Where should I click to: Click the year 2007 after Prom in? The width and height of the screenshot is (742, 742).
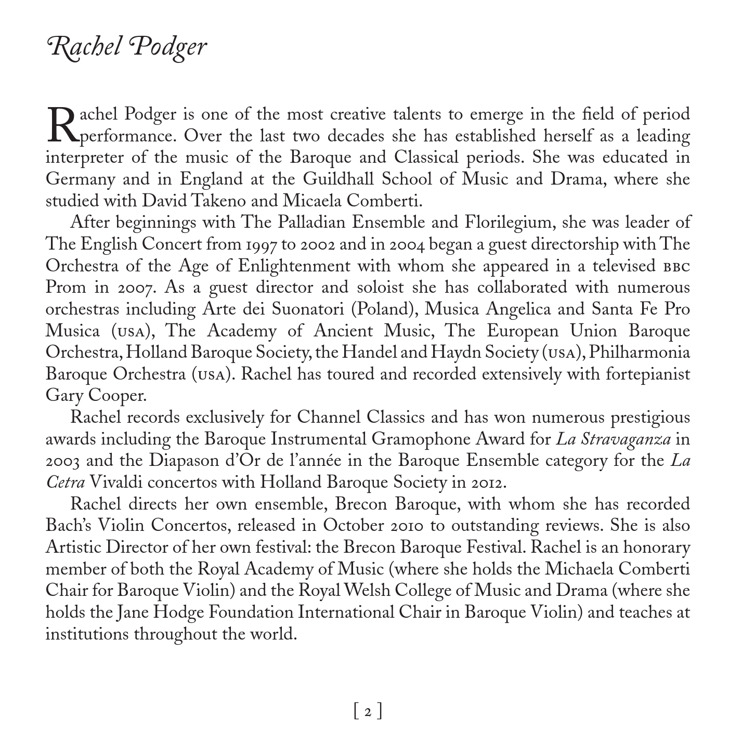pos(135,288)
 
